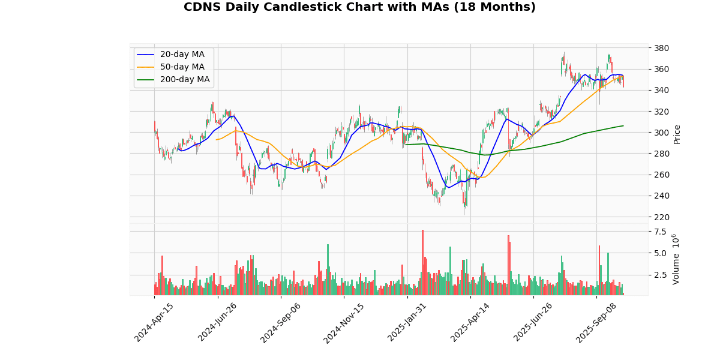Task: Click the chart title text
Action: pos(359,7)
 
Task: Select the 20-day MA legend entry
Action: pos(182,55)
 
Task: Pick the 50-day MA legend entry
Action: pos(182,67)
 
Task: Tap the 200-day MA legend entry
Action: pos(184,80)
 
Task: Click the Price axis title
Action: pos(677,134)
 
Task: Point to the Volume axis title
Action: pos(676,259)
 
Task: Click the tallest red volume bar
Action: pos(422,262)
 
